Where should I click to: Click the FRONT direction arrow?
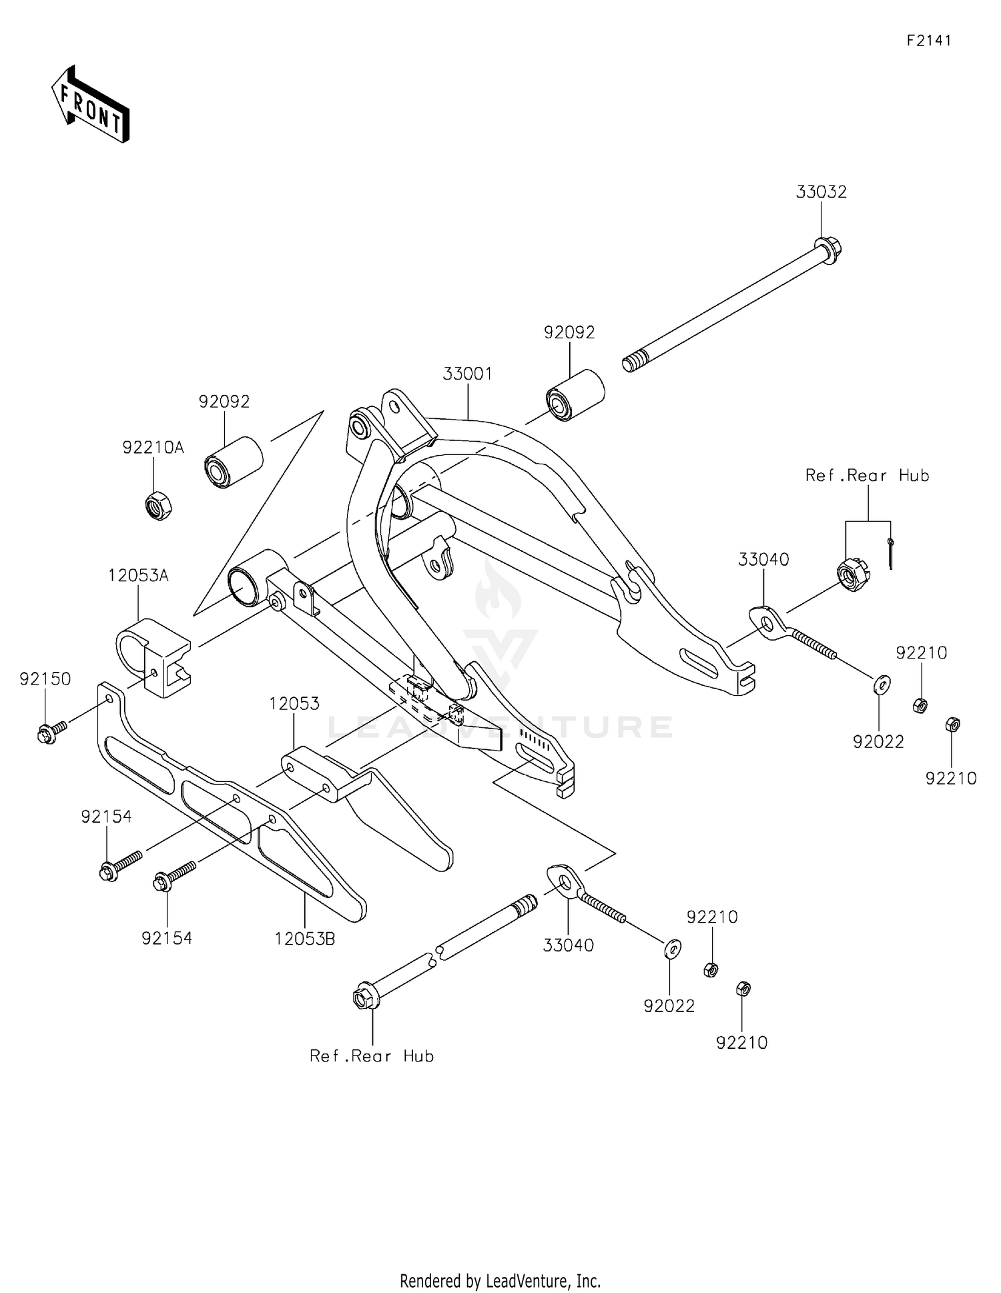point(90,105)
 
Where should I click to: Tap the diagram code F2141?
point(928,41)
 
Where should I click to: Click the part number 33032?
point(821,192)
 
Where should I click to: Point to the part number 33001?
point(467,374)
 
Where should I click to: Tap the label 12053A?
point(139,575)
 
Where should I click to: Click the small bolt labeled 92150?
point(49,733)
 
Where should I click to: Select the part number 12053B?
point(304,939)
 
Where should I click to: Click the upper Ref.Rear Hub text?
point(867,476)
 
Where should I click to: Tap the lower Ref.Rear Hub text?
point(372,1056)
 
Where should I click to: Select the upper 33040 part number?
point(763,560)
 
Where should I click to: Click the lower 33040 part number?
point(568,945)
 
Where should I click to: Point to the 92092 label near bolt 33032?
point(569,332)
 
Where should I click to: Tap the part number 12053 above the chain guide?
point(294,704)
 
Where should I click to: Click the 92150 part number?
point(45,679)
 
